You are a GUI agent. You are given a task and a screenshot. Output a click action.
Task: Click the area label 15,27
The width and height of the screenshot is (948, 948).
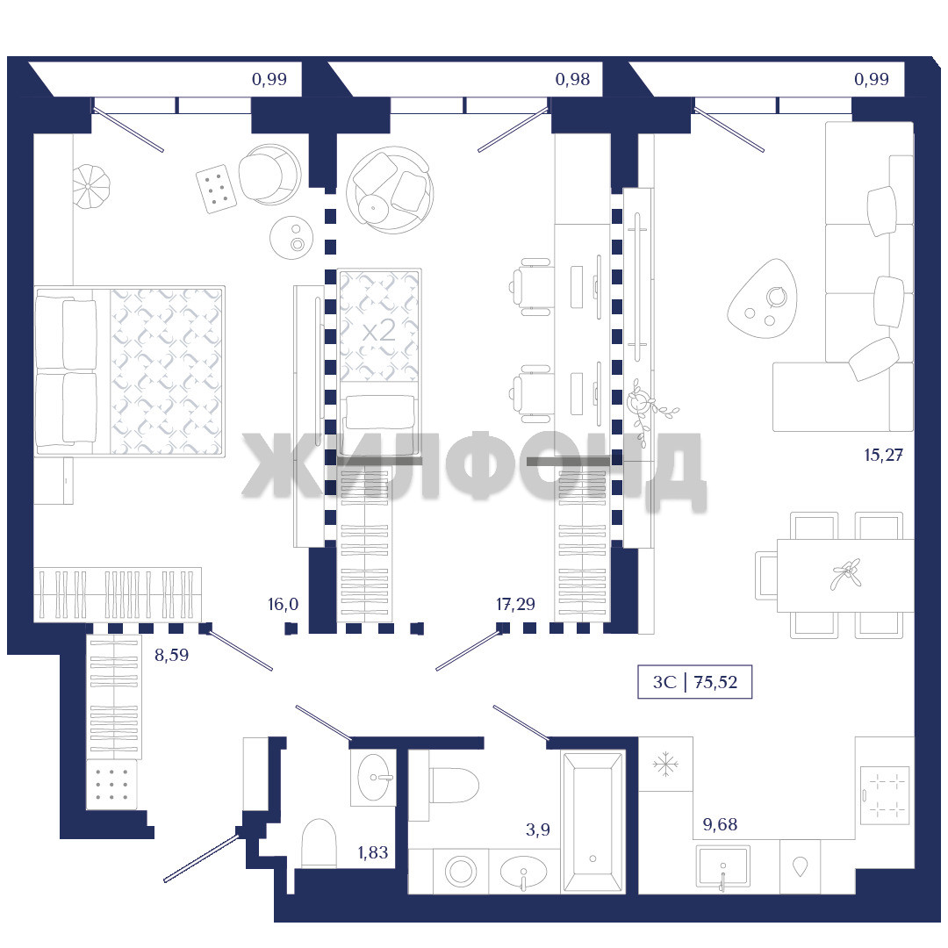(883, 455)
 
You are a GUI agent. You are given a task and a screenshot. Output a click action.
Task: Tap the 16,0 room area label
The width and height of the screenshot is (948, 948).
(283, 604)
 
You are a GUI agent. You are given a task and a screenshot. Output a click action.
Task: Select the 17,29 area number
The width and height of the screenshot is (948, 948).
(516, 604)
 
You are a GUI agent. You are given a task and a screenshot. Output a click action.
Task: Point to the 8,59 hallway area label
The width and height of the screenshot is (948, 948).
(172, 655)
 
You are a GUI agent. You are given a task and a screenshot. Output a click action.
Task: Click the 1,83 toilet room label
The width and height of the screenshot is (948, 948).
(373, 852)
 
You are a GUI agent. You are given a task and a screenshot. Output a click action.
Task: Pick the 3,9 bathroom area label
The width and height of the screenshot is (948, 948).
(538, 829)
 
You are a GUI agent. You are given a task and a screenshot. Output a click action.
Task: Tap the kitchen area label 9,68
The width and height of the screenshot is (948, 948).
(720, 824)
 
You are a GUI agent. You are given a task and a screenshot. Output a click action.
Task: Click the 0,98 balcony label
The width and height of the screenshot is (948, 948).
(572, 79)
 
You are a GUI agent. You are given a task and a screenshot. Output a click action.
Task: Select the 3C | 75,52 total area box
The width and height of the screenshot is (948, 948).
(694, 682)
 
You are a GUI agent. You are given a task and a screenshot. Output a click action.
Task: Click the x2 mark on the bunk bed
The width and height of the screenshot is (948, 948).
(379, 331)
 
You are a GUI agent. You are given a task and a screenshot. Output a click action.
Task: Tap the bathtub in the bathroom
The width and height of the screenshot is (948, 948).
(592, 822)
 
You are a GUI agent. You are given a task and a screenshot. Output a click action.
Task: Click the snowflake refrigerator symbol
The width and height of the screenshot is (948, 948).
(665, 765)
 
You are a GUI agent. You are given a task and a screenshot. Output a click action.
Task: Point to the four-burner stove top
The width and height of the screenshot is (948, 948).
(885, 794)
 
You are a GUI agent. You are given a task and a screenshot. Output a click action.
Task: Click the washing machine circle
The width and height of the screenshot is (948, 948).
(461, 872)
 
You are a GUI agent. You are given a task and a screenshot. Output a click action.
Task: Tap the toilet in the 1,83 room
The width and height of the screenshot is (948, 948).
(319, 843)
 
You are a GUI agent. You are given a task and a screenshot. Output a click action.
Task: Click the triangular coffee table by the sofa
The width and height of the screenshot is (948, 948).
(763, 298)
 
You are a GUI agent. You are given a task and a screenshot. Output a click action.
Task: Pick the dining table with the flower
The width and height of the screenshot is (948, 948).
(845, 575)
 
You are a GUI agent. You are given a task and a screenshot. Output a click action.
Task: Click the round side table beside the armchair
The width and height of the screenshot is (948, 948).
(291, 238)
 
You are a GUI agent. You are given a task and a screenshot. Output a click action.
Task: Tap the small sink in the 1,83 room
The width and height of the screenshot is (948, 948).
(374, 778)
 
